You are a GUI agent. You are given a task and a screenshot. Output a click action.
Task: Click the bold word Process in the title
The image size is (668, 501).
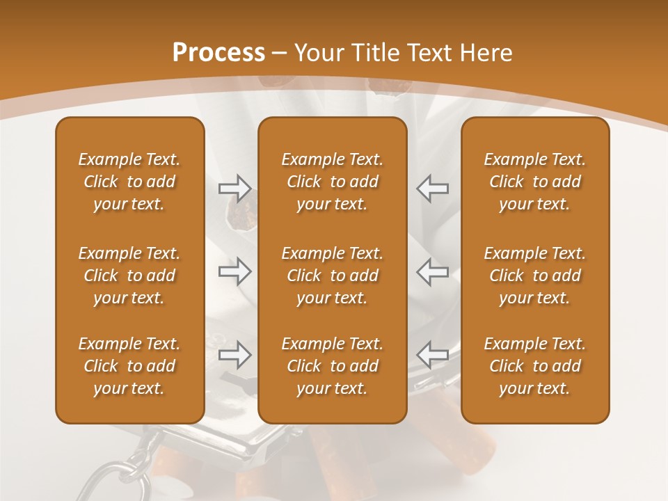coord(218,53)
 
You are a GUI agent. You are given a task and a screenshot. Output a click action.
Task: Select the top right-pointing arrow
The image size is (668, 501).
coord(234,189)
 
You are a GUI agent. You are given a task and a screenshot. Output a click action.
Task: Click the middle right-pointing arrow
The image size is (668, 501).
coord(234,271)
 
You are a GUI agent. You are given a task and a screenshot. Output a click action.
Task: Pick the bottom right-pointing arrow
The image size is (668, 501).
coord(234,355)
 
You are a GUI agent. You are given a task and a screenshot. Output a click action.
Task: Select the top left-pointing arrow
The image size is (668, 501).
coord(433,189)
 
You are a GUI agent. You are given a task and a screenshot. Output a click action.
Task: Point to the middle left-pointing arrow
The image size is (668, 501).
coord(433,271)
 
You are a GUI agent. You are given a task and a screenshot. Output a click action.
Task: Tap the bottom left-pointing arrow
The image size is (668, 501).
coord(433,355)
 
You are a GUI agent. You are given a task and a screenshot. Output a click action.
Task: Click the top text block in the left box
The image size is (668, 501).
coord(129,182)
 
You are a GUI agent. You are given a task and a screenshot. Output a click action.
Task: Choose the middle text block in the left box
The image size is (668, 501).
coord(129,276)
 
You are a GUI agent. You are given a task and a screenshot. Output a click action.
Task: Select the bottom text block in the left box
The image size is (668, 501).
coord(129,366)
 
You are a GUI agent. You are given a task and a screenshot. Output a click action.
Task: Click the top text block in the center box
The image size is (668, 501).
coord(332,182)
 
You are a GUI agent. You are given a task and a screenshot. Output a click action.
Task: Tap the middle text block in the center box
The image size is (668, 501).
coord(332,276)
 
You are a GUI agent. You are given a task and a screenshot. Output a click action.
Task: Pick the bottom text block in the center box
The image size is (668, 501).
coord(332,366)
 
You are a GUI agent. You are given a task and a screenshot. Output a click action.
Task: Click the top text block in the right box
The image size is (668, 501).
coord(535,182)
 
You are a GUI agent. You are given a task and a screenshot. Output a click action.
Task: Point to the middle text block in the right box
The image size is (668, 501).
coord(535,276)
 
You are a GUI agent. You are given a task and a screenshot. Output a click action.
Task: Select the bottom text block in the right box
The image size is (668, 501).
coord(535,366)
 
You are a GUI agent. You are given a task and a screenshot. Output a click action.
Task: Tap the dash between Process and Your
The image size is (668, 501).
coord(280,54)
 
